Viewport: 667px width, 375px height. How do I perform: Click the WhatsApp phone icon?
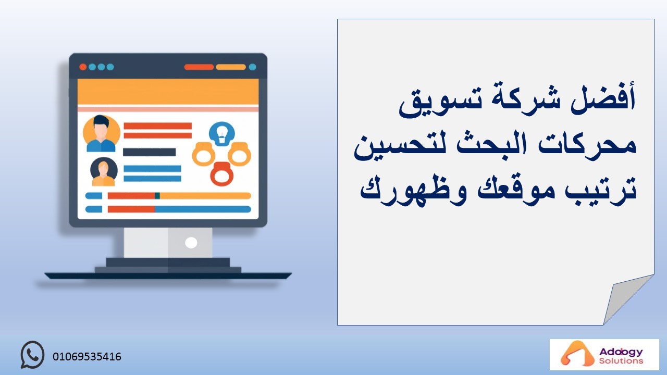tap(32, 355)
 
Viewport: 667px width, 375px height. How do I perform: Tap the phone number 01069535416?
tap(87, 357)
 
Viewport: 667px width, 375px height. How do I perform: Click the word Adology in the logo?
tap(621, 352)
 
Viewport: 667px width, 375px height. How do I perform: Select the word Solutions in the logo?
tap(621, 361)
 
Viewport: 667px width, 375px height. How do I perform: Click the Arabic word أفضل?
tap(603, 99)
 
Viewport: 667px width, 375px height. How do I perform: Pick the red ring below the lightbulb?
tap(221, 174)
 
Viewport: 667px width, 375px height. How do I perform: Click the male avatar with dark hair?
tap(101, 133)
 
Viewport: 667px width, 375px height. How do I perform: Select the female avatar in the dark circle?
tap(104, 172)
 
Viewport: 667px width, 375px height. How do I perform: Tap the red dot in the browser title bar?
tap(83, 67)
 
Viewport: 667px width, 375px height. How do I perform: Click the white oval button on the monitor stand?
tap(191, 243)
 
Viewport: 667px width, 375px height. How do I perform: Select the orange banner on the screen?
tap(168, 92)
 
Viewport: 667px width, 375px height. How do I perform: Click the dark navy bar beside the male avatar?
tap(149, 152)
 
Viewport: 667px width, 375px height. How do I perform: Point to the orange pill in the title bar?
tap(231, 67)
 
